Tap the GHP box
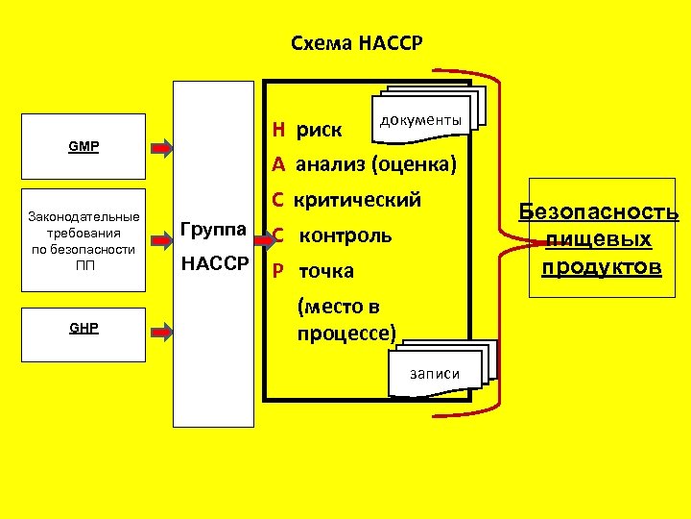coord(84,328)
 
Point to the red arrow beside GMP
coord(162,147)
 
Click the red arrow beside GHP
coord(162,331)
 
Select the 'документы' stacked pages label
coord(421,120)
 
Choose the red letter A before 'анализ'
coord(277,165)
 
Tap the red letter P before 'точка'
coord(277,271)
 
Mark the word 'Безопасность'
coord(599,212)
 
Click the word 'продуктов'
coord(601,266)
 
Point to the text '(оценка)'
coord(416,165)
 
